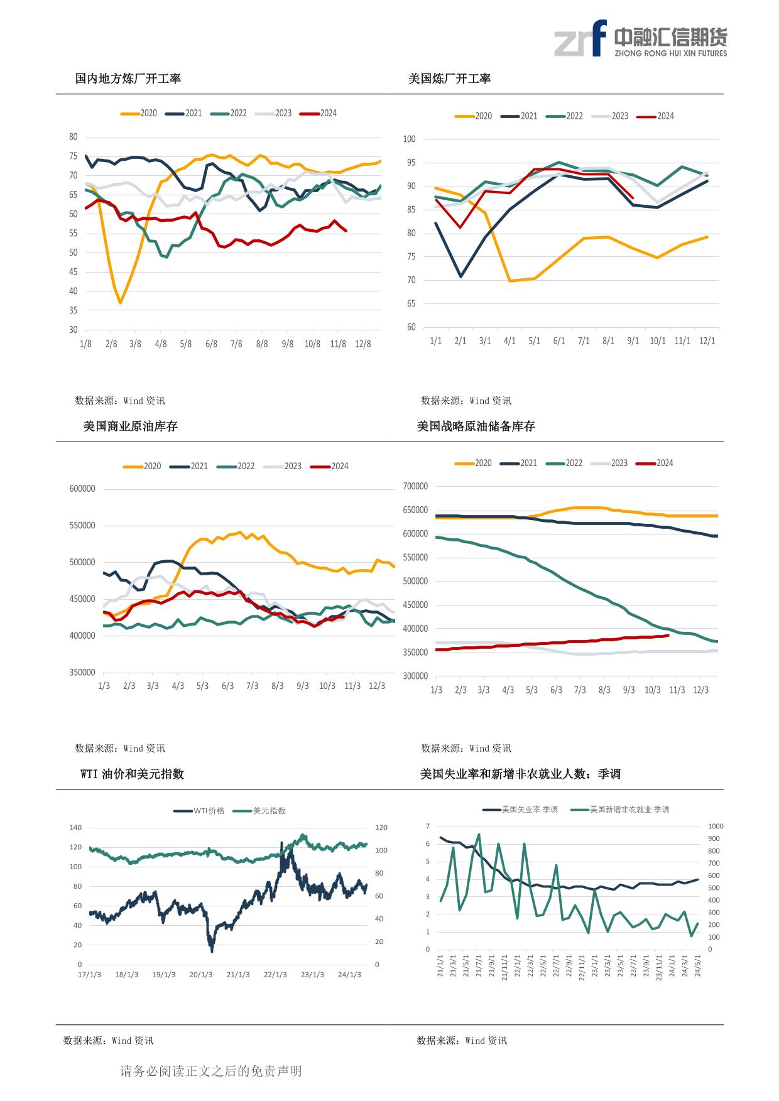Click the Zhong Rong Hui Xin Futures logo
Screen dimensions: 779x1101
(x=640, y=38)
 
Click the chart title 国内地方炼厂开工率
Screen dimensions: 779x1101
(x=128, y=79)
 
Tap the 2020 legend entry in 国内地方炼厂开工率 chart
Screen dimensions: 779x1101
(x=139, y=114)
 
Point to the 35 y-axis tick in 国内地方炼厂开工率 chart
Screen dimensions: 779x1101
(x=74, y=310)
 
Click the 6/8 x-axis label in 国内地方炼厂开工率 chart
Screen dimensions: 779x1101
(x=211, y=344)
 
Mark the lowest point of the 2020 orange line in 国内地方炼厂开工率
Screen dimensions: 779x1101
(x=120, y=303)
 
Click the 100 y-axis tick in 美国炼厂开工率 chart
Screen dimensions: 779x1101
(x=410, y=139)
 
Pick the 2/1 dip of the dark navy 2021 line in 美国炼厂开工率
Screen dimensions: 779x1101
(x=460, y=276)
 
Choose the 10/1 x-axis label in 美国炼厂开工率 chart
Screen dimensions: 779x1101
(x=657, y=341)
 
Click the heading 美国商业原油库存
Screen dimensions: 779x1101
(x=131, y=426)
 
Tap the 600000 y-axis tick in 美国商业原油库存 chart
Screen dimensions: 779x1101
(x=82, y=489)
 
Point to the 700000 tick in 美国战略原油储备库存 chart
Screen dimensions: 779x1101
(x=415, y=486)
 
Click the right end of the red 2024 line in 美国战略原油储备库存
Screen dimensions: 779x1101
(x=668, y=635)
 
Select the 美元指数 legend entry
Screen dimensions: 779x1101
(x=259, y=811)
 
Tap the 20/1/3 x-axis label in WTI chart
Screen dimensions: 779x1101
(x=201, y=975)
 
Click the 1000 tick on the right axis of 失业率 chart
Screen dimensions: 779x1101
(x=716, y=827)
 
